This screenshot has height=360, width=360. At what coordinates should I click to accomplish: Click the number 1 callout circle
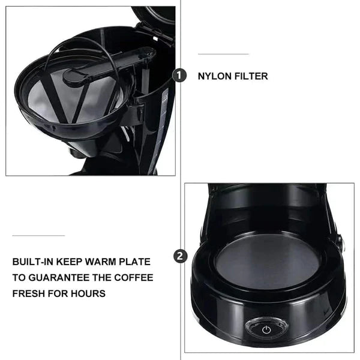pyautogui.click(x=179, y=76)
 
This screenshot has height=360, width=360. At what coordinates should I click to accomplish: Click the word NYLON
pyautogui.click(x=215, y=76)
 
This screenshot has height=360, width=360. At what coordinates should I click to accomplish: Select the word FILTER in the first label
pyautogui.click(x=252, y=76)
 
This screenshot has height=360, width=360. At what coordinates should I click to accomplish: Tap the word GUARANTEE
pyautogui.click(x=56, y=278)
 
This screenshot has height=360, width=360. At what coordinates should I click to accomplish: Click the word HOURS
pyautogui.click(x=88, y=293)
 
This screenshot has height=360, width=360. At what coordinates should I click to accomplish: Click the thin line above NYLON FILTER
pyautogui.click(x=223, y=54)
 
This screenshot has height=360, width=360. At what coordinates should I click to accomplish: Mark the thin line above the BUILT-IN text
pyautogui.click(x=38, y=235)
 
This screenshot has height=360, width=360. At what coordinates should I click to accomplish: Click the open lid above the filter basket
pyautogui.click(x=155, y=15)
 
